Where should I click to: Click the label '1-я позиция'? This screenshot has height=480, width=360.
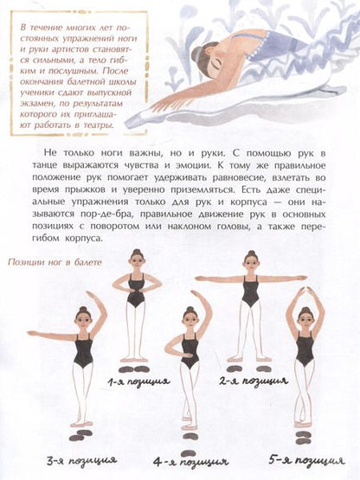tap(138, 381)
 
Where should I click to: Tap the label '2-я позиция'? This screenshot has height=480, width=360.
tap(254, 381)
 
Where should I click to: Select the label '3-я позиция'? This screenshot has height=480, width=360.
tap(82, 461)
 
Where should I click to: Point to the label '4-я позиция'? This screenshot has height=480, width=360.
tap(191, 461)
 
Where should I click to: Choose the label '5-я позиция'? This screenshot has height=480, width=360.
tap(306, 460)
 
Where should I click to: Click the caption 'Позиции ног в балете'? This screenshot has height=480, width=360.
tap(55, 263)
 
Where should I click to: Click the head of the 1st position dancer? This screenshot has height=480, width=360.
tap(137, 259)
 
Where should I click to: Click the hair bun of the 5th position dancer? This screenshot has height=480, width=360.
tap(305, 310)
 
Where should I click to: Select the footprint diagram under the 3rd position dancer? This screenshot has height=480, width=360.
tap(79, 435)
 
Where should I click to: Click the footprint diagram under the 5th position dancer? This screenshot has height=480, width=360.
tap(303, 437)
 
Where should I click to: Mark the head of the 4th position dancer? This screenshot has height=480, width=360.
tap(190, 318)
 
